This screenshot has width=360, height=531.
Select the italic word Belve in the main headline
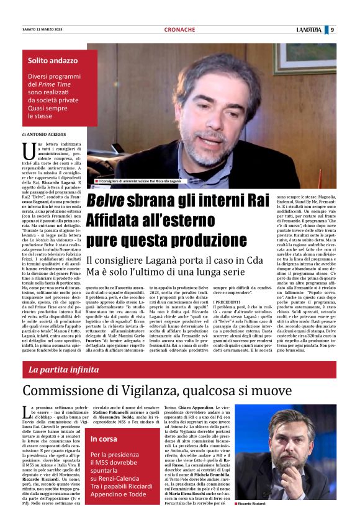point(105,201)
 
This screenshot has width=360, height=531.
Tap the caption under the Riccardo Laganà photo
point(136,181)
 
